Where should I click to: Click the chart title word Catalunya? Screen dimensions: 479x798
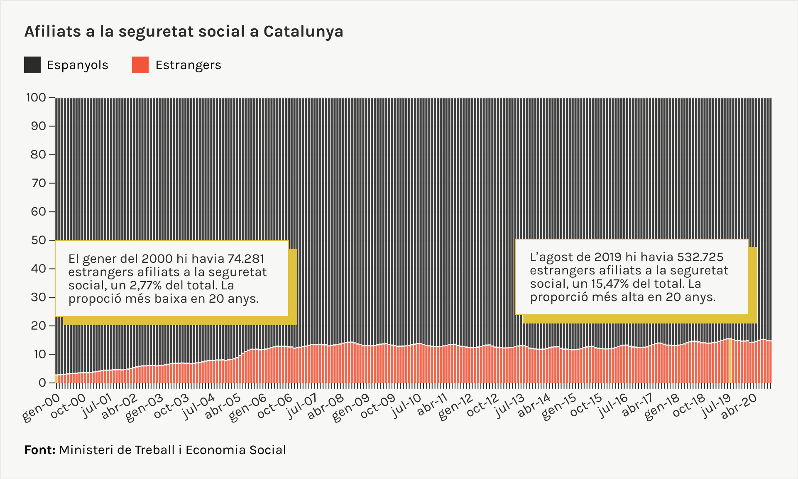[x=303, y=32]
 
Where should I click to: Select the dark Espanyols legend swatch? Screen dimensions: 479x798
[x=32, y=65]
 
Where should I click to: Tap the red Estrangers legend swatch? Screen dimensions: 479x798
[x=140, y=65]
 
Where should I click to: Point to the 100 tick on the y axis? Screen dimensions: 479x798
[x=36, y=98]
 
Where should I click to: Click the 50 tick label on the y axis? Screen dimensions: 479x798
[x=38, y=240]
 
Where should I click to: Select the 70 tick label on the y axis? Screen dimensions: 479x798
[x=38, y=183]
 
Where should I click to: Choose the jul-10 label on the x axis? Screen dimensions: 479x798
[x=406, y=406]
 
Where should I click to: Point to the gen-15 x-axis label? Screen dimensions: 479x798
[x=559, y=408]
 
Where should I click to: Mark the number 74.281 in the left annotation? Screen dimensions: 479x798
[x=246, y=259]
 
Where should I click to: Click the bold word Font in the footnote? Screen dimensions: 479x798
[x=39, y=450]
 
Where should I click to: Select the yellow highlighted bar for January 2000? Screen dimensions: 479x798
[x=56, y=379]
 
